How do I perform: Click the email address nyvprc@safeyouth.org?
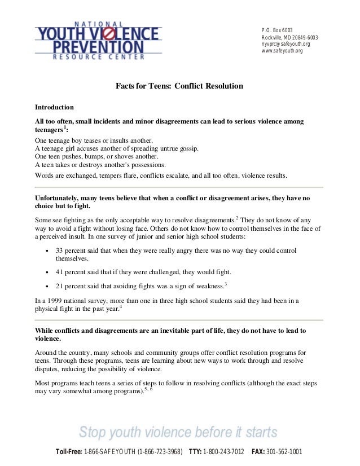tap(286, 44)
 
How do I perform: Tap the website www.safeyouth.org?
tap(282, 51)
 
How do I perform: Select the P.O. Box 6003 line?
tap(277, 30)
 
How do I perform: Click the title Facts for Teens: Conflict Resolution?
tap(179, 86)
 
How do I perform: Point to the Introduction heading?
tap(54, 107)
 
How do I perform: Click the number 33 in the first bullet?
tap(60, 250)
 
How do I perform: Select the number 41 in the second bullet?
tap(60, 271)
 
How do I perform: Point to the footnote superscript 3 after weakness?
tap(226, 283)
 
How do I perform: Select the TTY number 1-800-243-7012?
tap(224, 452)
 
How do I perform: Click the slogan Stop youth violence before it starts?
tap(178, 433)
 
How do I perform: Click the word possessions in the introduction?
tap(145, 165)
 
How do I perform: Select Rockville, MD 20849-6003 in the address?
tap(289, 37)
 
